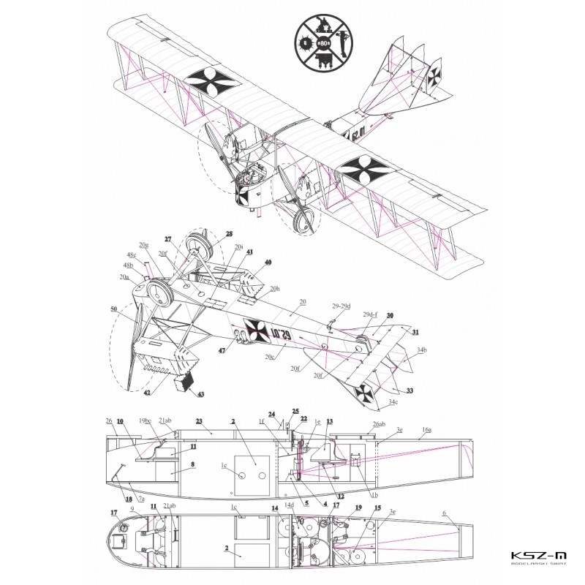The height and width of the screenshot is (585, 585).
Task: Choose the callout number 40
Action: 268,262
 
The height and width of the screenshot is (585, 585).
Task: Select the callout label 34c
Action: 393,401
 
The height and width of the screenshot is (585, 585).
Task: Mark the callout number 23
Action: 197,420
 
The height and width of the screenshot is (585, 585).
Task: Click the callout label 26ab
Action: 378,425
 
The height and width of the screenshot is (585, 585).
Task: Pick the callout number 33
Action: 409,390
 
